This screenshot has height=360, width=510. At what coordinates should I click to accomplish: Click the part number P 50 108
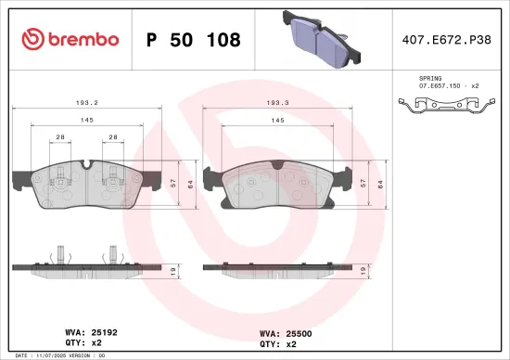coord(194,40)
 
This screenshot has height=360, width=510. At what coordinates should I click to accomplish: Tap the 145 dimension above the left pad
coord(85,121)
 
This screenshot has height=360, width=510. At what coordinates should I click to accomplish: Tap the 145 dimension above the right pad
coord(277,121)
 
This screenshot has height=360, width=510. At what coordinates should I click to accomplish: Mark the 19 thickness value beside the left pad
coord(174,272)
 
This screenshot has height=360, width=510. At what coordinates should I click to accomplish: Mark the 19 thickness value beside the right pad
coord(362,272)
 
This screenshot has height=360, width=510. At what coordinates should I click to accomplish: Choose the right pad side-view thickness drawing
coord(277,271)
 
